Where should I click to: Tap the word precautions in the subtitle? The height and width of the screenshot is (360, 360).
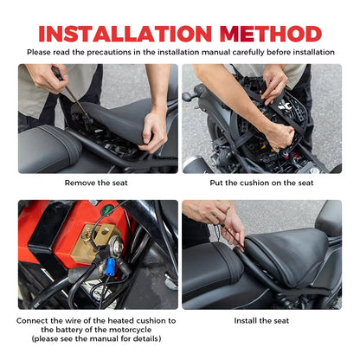(x=116, y=52)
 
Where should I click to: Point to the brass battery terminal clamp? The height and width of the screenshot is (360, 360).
(x=93, y=241)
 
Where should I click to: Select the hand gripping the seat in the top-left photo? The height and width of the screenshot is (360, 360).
(x=154, y=130)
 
